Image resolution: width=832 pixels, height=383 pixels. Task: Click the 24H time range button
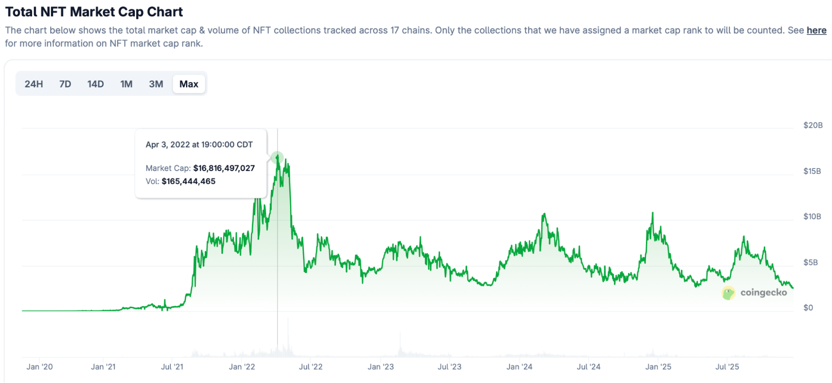(34, 84)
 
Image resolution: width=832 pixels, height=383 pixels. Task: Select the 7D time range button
(65, 84)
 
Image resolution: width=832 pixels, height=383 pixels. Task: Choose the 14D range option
(95, 84)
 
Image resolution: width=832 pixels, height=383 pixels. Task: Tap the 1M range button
(126, 84)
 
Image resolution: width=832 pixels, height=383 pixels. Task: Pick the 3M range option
(156, 84)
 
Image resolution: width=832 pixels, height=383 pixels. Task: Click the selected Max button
(189, 84)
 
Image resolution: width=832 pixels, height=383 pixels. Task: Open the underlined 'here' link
(816, 30)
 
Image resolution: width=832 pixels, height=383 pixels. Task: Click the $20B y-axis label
(813, 125)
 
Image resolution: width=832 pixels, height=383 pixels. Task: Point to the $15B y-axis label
(812, 171)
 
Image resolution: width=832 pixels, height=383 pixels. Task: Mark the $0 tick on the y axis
(808, 308)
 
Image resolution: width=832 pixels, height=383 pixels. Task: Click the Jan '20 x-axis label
(40, 367)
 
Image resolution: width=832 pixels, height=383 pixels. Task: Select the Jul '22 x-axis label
(310, 367)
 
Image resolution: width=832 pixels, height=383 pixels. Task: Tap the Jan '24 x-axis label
(519, 367)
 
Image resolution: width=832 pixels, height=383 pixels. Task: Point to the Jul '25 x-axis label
(727, 367)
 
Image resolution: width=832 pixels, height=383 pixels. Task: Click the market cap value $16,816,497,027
(224, 168)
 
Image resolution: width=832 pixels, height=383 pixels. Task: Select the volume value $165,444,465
(189, 182)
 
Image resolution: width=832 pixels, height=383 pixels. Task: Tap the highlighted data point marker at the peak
(277, 157)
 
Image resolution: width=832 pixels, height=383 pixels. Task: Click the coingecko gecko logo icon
(728, 293)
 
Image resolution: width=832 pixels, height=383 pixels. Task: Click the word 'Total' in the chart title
(21, 12)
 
